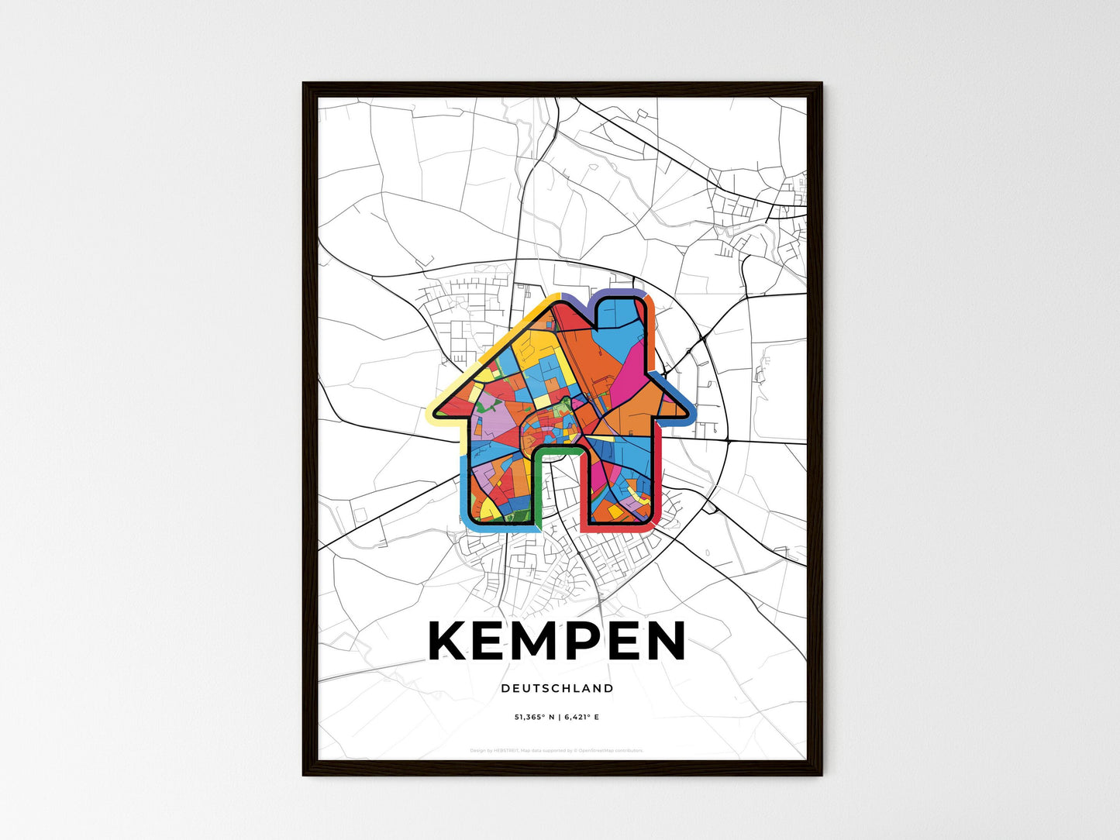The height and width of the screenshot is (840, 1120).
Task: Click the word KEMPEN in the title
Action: (557, 642)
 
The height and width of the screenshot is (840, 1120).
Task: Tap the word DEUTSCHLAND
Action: (557, 688)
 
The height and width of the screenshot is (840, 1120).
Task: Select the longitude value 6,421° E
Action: (582, 718)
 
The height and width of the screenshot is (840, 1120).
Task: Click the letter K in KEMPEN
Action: (447, 642)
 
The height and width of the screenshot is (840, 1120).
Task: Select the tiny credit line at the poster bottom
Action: (557, 750)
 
